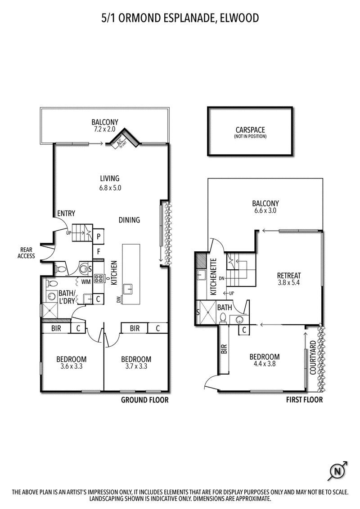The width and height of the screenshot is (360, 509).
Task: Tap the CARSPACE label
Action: pos(250,130)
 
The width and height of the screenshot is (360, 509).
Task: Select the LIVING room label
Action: pos(109,178)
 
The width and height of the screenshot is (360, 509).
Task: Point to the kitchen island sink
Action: pos(129,289)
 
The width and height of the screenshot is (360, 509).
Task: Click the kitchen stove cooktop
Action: pos(98,278)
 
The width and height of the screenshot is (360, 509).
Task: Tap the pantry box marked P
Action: pos(99,237)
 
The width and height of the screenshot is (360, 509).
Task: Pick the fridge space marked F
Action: pos(99,251)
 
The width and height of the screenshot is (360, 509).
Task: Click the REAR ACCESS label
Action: pos(26,253)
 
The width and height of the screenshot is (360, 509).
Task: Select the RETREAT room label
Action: pos(289,276)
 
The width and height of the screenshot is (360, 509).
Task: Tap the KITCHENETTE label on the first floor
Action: pos(213,277)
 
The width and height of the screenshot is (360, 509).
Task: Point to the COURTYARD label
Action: pos(313,357)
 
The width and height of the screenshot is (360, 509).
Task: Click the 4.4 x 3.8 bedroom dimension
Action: pos(265,364)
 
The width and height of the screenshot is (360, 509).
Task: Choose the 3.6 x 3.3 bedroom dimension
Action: pos(72,366)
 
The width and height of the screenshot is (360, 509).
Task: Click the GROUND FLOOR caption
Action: pos(145,400)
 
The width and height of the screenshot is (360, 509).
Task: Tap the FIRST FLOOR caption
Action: pos(305,400)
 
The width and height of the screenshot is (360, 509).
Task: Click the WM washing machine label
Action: pos(86,282)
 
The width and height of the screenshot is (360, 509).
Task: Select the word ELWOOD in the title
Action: pos(239,18)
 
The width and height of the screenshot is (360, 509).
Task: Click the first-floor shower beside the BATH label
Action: pos(208,313)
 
